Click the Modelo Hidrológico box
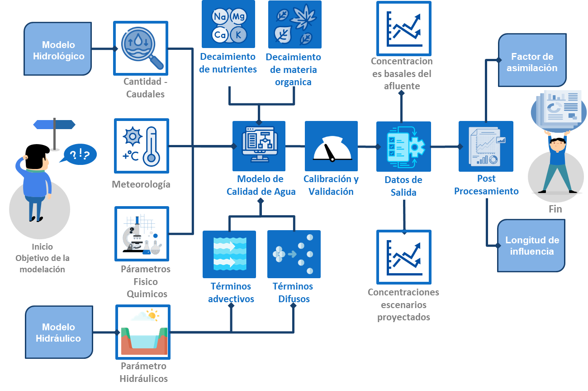pyautogui.click(x=59, y=49)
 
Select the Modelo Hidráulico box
pyautogui.click(x=59, y=332)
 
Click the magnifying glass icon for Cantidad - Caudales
pyautogui.click(x=141, y=48)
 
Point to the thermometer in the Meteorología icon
pyautogui.click(x=152, y=146)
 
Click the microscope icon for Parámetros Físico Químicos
pyautogui.click(x=142, y=234)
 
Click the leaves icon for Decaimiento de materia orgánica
pyautogui.click(x=294, y=24)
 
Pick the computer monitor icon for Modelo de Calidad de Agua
pyautogui.click(x=259, y=145)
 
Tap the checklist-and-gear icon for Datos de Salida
pyautogui.click(x=403, y=146)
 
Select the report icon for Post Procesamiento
pyautogui.click(x=486, y=146)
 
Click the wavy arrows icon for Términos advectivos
pyautogui.click(x=229, y=254)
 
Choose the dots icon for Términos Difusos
pyautogui.click(x=294, y=254)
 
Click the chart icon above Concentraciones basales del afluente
pyautogui.click(x=403, y=27)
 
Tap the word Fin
pyautogui.click(x=555, y=209)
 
